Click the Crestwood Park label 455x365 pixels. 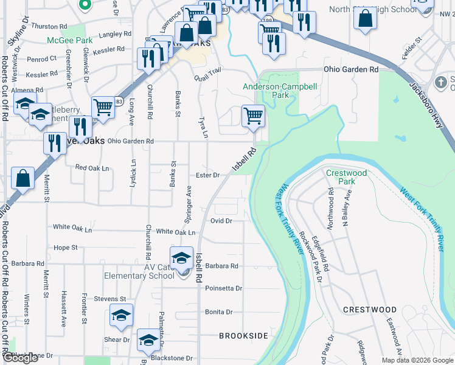coord(347,177)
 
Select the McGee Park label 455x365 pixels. coord(70,40)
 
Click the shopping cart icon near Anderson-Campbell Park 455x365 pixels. coord(253,115)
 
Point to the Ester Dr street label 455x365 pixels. coord(207,175)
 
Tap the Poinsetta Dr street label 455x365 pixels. coord(223,288)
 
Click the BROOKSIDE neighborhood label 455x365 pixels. coord(243,336)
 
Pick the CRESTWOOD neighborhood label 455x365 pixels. coord(370,310)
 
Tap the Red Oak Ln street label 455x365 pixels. coord(92,167)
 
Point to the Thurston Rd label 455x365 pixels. coord(48,27)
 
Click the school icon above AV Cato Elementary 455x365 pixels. coord(181,258)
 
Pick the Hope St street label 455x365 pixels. coord(66,248)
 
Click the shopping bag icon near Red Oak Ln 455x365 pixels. coord(23,178)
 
